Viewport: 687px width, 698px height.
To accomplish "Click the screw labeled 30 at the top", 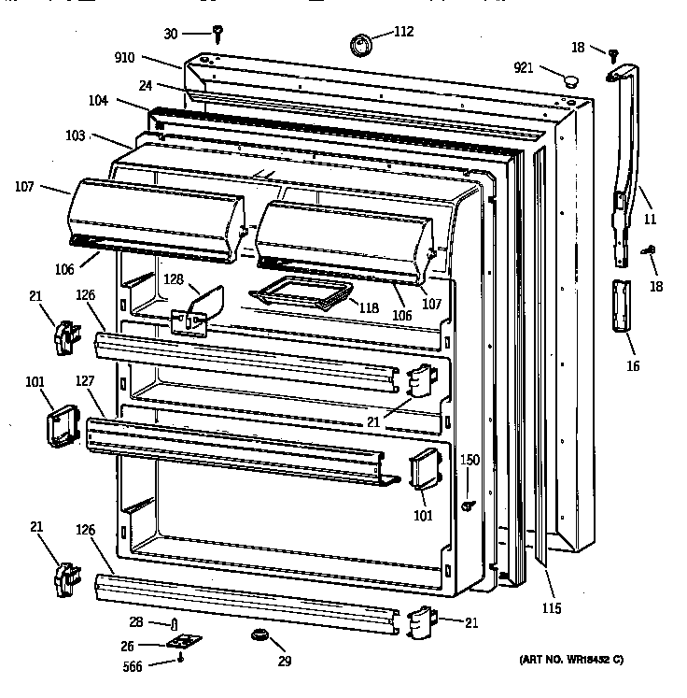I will click(x=217, y=34).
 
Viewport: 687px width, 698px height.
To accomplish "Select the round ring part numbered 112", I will click(x=360, y=43).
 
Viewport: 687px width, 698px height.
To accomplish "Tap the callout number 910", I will click(x=150, y=57).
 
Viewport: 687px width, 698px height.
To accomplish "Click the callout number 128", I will click(x=174, y=278).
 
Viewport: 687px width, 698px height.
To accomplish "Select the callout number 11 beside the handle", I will click(x=650, y=220).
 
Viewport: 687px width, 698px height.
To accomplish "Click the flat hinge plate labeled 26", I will click(x=186, y=644).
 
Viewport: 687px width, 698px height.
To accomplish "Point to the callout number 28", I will click(x=136, y=623).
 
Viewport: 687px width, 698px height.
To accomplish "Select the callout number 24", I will click(x=146, y=84).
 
